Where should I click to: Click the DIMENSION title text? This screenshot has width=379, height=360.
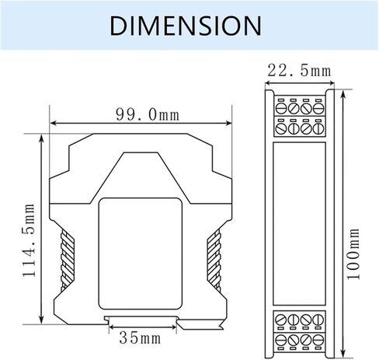(186, 26)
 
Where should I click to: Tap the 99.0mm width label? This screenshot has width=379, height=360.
(148, 114)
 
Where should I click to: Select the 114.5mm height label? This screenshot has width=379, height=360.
(29, 240)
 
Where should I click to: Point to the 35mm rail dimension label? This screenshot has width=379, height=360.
(140, 338)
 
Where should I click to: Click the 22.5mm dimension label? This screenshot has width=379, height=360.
(299, 71)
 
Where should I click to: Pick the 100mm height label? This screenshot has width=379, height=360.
(353, 254)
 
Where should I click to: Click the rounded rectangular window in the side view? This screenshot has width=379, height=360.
(141, 253)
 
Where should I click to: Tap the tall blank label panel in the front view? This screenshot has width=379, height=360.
(299, 223)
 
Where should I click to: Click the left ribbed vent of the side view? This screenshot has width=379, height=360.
(68, 260)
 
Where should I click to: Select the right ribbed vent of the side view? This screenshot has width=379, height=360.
(214, 260)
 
